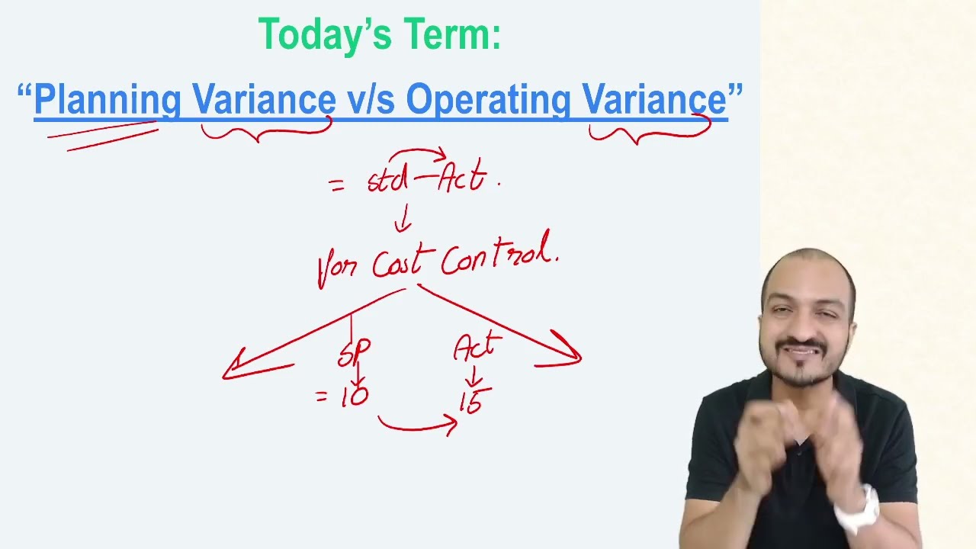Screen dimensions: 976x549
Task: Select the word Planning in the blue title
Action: tap(108, 100)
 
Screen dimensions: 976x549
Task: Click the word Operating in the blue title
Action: tap(488, 100)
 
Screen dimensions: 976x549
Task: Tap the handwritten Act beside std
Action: tap(462, 175)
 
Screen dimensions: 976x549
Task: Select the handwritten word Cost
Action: tap(403, 262)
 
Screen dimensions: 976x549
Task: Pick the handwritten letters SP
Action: tap(354, 352)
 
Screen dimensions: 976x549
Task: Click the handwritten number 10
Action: tap(355, 396)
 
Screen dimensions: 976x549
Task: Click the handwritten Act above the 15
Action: tap(477, 346)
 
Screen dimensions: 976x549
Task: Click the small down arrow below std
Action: tap(404, 218)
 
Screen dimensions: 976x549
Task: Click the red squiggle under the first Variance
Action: tap(267, 132)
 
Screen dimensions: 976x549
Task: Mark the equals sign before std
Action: tap(337, 186)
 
